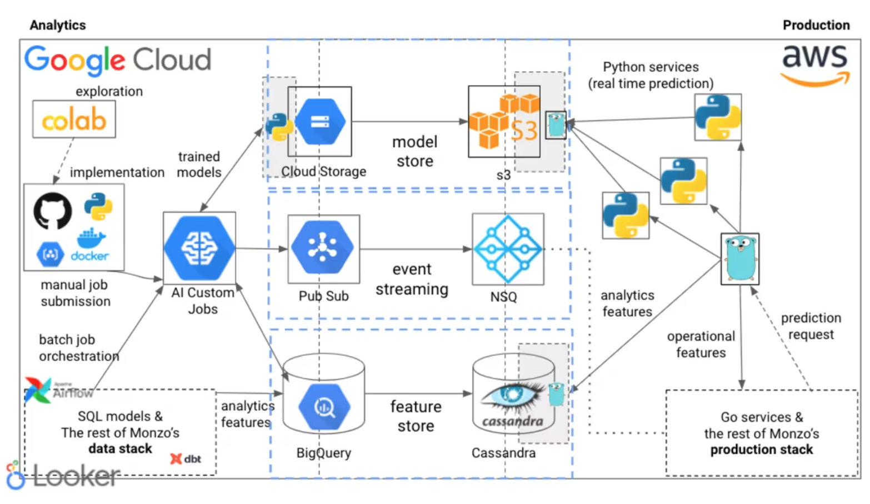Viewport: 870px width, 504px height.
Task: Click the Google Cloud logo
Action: click(118, 60)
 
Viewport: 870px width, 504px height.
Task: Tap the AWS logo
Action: click(815, 65)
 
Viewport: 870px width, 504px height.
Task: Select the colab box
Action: click(74, 119)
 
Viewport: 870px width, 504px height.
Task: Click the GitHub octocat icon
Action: click(52, 211)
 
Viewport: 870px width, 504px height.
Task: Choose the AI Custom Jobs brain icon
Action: click(199, 248)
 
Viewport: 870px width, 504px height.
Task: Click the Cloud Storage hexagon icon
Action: click(320, 122)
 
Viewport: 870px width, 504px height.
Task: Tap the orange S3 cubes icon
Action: click(504, 121)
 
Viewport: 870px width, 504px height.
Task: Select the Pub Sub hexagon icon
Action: click(322, 247)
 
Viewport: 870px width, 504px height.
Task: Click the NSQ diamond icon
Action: click(508, 249)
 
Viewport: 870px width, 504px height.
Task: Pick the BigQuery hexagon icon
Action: click(324, 407)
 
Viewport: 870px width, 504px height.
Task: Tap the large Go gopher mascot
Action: click(740, 259)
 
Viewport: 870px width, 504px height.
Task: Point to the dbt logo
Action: click(186, 459)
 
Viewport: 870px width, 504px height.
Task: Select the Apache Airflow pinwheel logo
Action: click(38, 389)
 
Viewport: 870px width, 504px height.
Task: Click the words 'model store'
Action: click(415, 152)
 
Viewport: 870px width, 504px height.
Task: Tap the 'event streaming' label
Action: click(412, 279)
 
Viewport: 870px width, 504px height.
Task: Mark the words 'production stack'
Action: click(761, 449)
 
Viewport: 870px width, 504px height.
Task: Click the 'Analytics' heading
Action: click(58, 25)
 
